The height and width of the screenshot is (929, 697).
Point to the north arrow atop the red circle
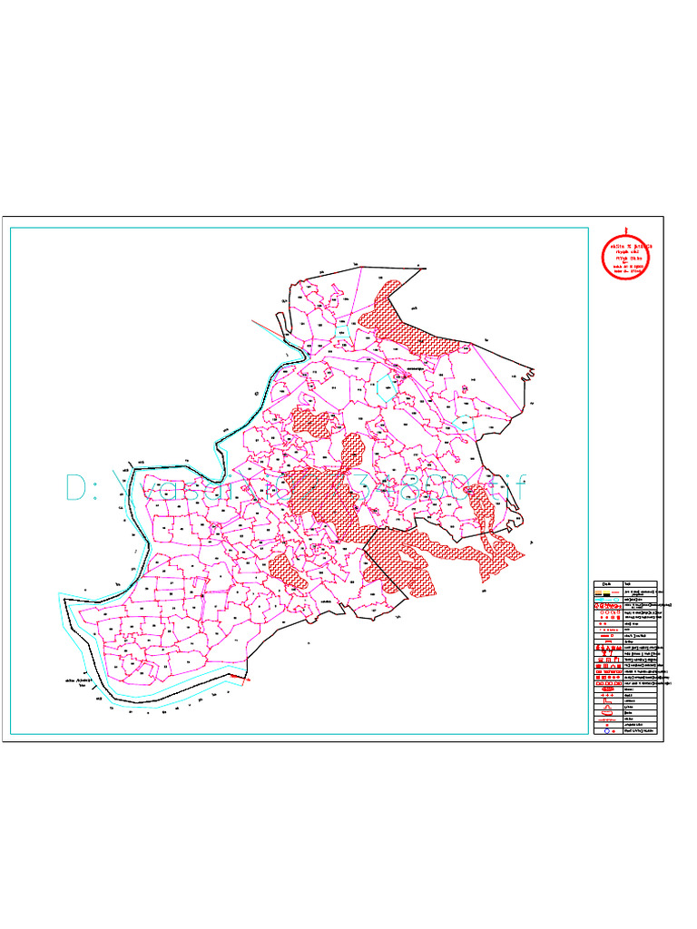(626, 230)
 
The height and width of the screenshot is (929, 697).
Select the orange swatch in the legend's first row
(601, 592)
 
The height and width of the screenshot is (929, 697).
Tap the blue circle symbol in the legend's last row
(605, 730)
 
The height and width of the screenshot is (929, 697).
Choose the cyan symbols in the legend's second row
(605, 600)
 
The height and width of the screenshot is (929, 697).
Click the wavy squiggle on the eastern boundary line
(528, 371)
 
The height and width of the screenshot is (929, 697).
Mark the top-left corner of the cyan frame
(10, 228)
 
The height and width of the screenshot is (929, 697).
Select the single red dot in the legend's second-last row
(605, 723)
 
